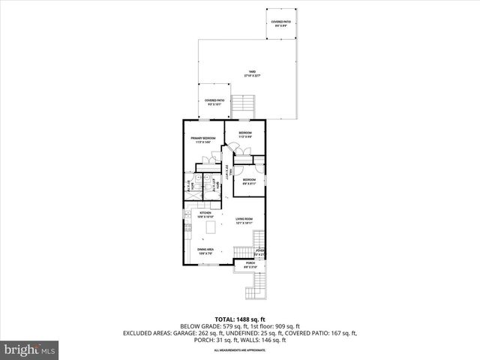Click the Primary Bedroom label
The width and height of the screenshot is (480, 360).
[x=202, y=139]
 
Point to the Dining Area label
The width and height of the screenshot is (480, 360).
[x=206, y=251]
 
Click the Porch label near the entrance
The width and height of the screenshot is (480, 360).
[x=250, y=264]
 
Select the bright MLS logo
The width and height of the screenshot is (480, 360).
[x=30, y=349]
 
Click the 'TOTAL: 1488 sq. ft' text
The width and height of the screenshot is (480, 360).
[x=240, y=319]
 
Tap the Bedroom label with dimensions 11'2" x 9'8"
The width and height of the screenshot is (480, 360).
[x=244, y=134]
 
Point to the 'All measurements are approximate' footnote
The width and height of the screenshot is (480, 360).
[x=240, y=350]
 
